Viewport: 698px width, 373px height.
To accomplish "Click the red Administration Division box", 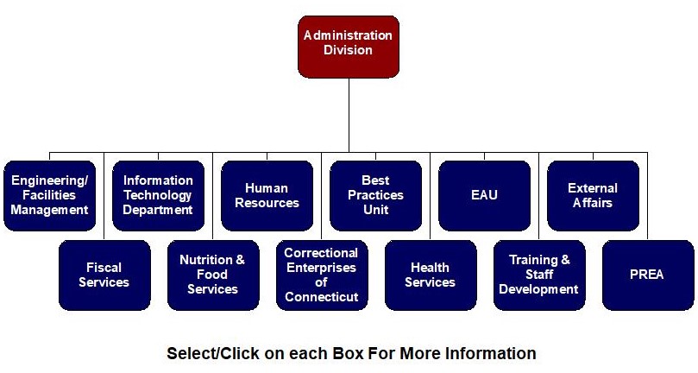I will coord(348,45).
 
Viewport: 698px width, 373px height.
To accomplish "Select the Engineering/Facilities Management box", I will coord(49,195).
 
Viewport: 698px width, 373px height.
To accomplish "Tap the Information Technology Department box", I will coord(158,195).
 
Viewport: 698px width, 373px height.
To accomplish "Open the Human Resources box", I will coord(267,195).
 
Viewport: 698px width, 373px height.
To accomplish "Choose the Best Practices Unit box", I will coord(375,195).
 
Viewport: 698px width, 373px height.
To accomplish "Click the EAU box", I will coord(484,195).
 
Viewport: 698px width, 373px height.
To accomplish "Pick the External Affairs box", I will coord(593,195).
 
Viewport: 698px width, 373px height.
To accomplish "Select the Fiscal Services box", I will coord(104,275).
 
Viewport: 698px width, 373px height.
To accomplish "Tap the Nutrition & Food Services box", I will coord(212,275).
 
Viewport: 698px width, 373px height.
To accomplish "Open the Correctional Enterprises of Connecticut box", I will coord(321,275).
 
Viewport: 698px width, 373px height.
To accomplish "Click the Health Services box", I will coord(430,275).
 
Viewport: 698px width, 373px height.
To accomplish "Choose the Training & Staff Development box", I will coord(539,275).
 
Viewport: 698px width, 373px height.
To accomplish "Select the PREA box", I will coord(647,275).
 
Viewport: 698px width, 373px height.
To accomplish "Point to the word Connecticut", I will coord(321,297).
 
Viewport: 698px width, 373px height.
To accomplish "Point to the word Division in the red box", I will coord(348,50).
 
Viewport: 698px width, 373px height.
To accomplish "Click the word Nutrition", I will coord(204,260).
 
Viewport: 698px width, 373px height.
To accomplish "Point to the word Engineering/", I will coord(49,180).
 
